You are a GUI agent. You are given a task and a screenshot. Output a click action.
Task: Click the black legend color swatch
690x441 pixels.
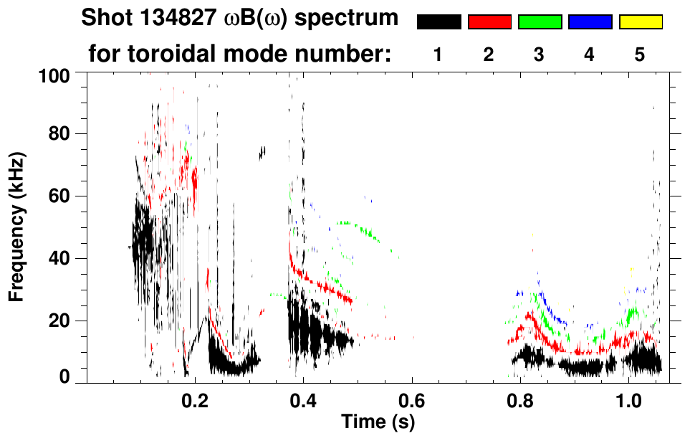(439, 22)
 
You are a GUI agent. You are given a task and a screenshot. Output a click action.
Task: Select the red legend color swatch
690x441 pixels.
(489, 22)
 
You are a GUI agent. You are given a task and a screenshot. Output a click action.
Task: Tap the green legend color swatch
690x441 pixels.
(540, 22)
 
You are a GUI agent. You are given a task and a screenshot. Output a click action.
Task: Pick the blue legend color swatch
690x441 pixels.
(590, 22)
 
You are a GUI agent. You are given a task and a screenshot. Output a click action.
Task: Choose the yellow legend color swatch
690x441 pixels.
(641, 22)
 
